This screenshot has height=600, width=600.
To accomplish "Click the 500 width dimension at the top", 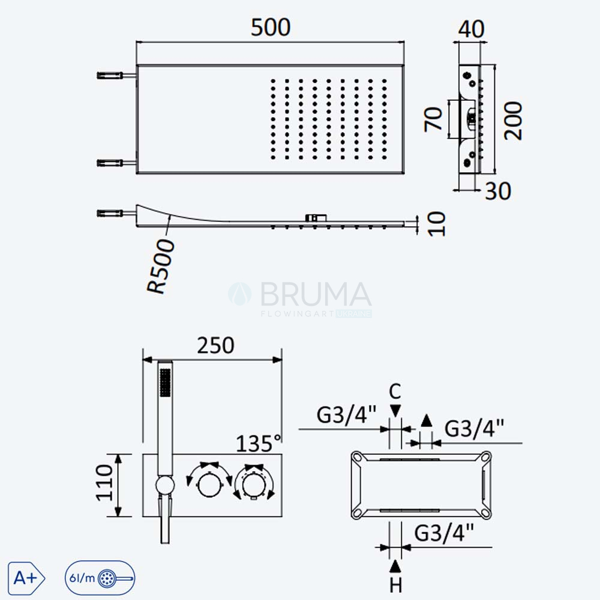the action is [x=271, y=28].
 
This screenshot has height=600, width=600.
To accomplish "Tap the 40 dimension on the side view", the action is [x=472, y=29].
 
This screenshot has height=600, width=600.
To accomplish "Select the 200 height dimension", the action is [x=513, y=121].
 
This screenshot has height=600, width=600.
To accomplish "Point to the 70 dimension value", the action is [x=433, y=119].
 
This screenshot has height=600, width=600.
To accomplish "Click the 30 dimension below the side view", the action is [x=498, y=191].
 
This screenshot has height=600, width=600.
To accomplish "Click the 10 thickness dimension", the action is [x=437, y=224].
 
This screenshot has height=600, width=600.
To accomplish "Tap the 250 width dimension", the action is [x=215, y=345].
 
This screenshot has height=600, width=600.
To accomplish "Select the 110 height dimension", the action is [x=104, y=482].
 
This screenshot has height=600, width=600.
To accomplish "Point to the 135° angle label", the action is [x=258, y=443].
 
